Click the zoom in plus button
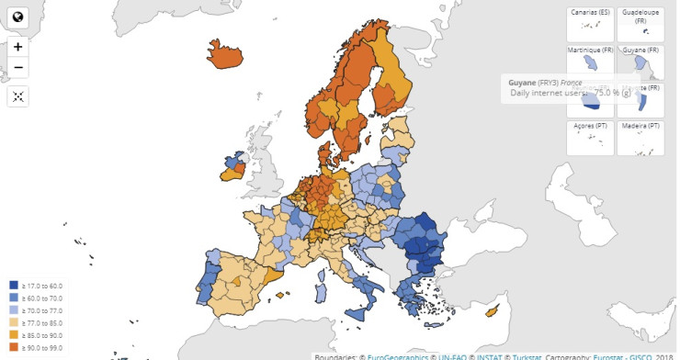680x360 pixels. click(x=18, y=47)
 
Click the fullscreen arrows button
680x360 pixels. click(x=18, y=96)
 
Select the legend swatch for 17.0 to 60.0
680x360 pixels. click(x=13, y=286)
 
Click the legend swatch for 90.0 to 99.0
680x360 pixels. click(x=13, y=346)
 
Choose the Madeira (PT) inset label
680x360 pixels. click(x=640, y=126)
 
